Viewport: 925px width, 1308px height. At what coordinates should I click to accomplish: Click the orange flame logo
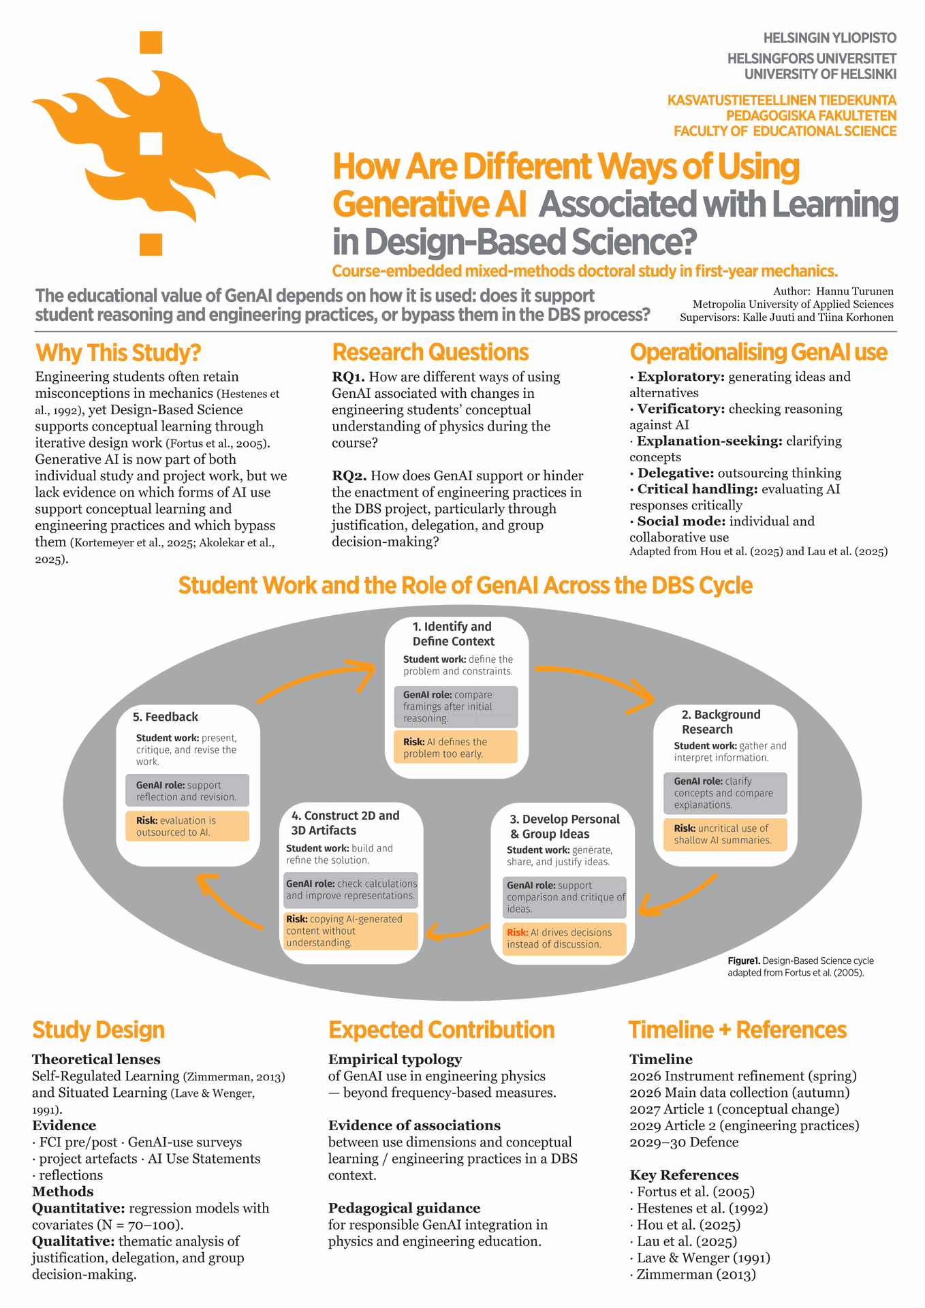151,144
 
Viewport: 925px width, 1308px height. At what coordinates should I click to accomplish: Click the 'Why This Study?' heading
118,353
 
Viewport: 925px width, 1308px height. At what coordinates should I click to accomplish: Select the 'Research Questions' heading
430,352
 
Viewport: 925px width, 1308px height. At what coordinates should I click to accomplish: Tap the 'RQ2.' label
349,476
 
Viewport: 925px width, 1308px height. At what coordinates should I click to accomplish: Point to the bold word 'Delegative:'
676,473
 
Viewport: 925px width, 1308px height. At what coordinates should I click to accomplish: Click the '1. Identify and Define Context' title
453,634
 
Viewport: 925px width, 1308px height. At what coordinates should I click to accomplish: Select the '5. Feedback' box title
166,717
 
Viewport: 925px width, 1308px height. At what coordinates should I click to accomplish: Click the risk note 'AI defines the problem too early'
456,747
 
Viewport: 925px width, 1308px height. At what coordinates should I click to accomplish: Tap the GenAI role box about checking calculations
351,890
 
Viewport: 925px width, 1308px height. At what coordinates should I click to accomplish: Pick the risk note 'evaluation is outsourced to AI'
187,826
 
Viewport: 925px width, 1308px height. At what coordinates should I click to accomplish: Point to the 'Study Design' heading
98,1030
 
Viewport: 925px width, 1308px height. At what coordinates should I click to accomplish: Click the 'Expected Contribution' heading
441,1030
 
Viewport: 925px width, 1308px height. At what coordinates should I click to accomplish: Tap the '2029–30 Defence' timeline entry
684,1142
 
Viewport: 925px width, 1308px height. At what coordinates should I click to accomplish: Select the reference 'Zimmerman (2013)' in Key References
693,1274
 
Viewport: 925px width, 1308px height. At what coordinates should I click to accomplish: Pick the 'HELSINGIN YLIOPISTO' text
830,38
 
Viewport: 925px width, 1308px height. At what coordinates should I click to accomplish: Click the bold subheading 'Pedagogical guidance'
404,1208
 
